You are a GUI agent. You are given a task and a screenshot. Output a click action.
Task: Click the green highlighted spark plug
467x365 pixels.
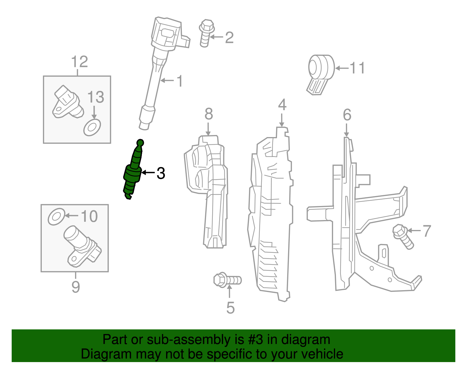tap(133, 172)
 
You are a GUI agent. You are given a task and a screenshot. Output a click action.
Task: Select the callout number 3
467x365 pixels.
tap(161, 173)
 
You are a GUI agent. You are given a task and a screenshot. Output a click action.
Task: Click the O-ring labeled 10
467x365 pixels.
tap(56, 217)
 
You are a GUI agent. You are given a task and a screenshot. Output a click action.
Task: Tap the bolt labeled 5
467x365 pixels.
tap(227, 280)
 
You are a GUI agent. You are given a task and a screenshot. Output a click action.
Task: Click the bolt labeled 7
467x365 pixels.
tap(403, 236)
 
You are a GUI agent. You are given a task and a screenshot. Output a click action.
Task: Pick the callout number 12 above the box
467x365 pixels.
tap(79, 62)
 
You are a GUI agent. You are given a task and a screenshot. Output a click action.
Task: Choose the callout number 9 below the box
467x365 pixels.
tap(76, 287)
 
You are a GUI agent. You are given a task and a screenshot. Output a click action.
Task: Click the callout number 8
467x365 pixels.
tap(208, 114)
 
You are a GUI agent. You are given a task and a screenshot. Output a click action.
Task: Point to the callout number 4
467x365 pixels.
tap(282, 105)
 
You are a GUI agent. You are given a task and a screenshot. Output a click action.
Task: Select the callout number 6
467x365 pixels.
tap(347, 115)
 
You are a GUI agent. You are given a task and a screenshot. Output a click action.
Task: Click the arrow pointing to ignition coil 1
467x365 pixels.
tap(167, 80)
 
